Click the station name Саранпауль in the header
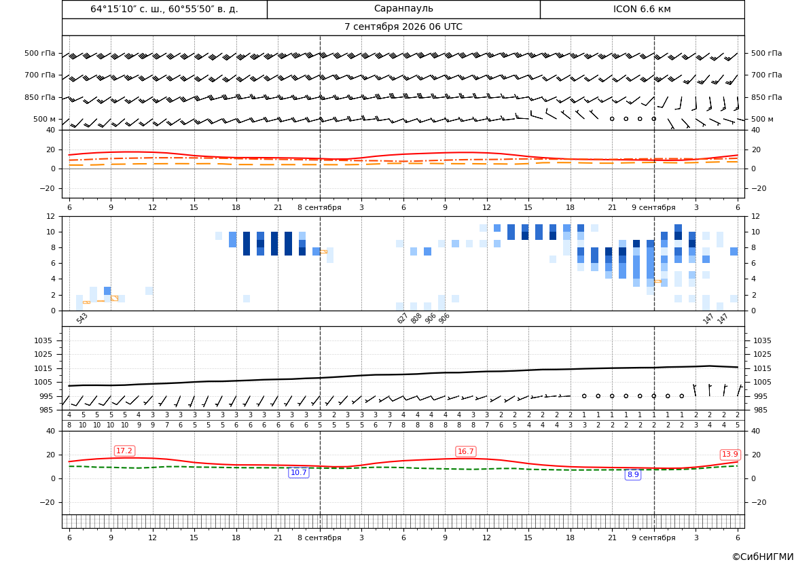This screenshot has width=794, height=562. click(403, 9)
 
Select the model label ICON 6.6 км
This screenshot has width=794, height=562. click(642, 9)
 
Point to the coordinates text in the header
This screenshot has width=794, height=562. click(164, 9)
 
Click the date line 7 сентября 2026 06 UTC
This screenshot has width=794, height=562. click(403, 27)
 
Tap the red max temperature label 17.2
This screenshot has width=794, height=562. click(124, 451)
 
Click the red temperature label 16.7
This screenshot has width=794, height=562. click(465, 451)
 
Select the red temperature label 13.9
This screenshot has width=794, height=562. click(729, 455)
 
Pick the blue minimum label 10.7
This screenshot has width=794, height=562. click(298, 473)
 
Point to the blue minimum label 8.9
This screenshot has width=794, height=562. click(633, 475)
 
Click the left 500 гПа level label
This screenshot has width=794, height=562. click(40, 53)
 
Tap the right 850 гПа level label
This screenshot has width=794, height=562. click(767, 97)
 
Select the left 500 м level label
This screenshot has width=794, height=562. click(44, 119)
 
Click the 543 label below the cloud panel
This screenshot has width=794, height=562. click(82, 318)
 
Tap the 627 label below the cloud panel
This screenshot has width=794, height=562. click(403, 318)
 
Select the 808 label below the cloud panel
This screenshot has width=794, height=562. click(416, 318)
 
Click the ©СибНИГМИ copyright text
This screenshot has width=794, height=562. click(763, 557)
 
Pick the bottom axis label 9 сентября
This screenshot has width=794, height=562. click(653, 538)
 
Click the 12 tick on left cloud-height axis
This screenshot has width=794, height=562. click(51, 216)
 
